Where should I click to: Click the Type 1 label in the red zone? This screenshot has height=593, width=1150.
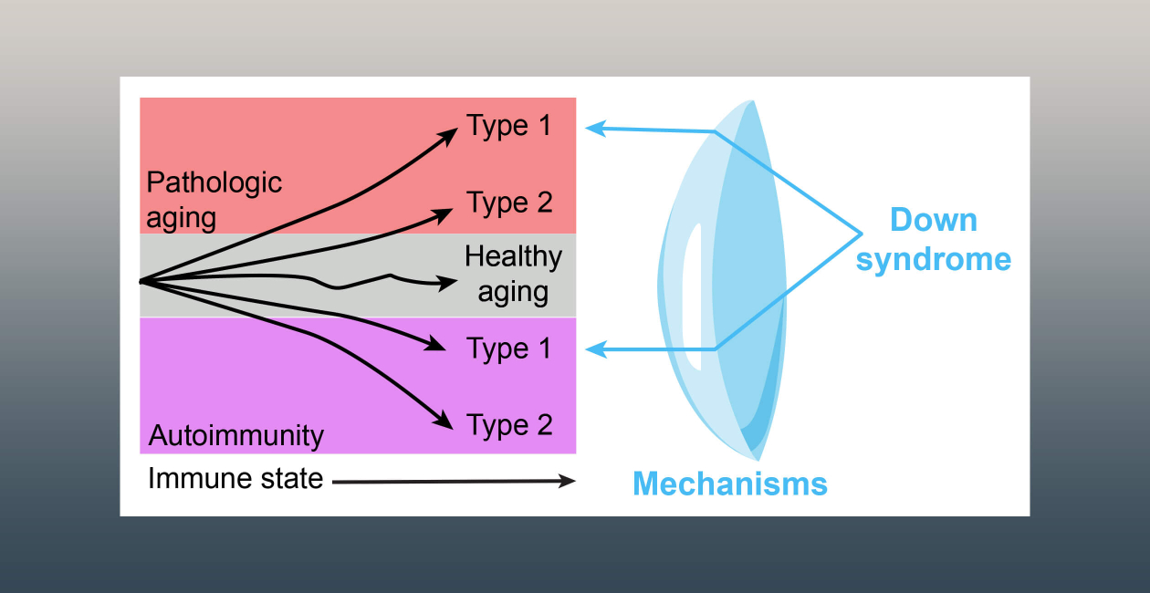tap(508, 126)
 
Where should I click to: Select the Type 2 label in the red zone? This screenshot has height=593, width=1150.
tap(509, 203)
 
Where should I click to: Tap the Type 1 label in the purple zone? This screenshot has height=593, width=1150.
tap(508, 349)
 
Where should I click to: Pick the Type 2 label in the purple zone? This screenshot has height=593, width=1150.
tap(509, 426)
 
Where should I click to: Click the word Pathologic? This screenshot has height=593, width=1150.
tap(214, 183)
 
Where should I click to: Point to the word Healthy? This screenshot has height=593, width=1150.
tap(513, 257)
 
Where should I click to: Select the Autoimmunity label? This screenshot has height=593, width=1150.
tap(236, 436)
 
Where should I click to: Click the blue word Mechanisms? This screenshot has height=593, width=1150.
tap(730, 484)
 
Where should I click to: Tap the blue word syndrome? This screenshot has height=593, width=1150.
tap(934, 260)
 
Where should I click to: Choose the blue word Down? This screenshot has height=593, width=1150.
tap(934, 220)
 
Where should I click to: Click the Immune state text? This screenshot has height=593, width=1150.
tap(235, 479)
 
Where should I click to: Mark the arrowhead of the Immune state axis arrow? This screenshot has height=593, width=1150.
tap(568, 481)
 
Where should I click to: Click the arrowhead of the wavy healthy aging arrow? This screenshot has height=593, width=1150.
tap(447, 282)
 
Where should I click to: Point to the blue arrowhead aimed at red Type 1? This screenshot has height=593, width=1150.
tap(595, 129)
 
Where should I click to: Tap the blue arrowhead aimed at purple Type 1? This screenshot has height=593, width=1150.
tap(595, 349)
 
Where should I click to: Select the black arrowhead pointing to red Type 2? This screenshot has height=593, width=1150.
tap(443, 215)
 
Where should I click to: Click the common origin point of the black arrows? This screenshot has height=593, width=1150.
tap(142, 282)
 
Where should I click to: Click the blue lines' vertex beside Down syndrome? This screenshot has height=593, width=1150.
tap(862, 234)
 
